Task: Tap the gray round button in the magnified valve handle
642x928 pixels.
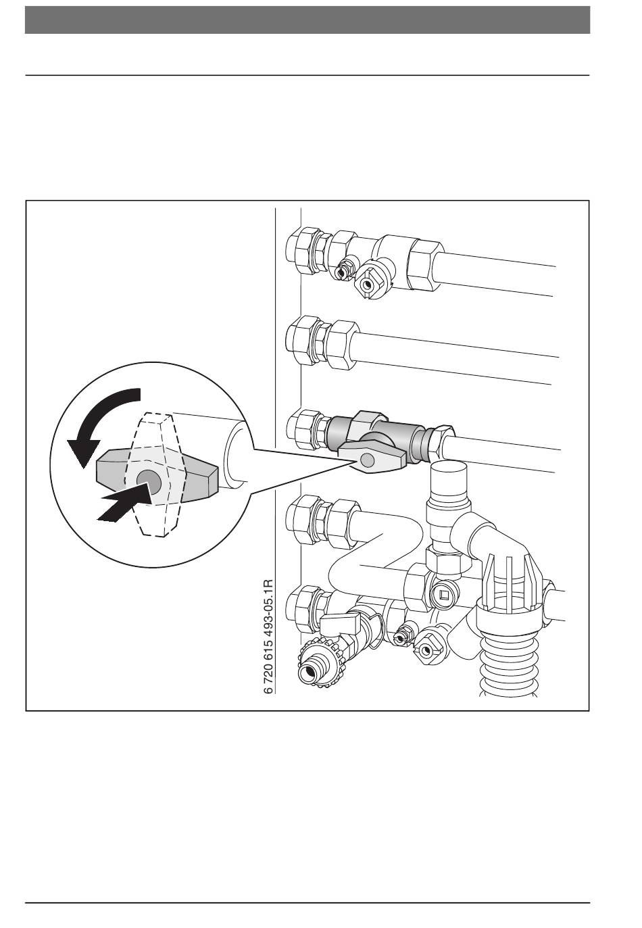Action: pos(149,483)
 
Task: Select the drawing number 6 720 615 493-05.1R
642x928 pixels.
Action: pos(268,637)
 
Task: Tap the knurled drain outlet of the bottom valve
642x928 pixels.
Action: pos(320,666)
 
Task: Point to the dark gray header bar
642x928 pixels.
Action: pos(307,20)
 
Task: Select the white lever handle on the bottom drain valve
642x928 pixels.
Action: pos(339,621)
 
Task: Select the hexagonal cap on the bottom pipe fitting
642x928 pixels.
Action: pos(426,650)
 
